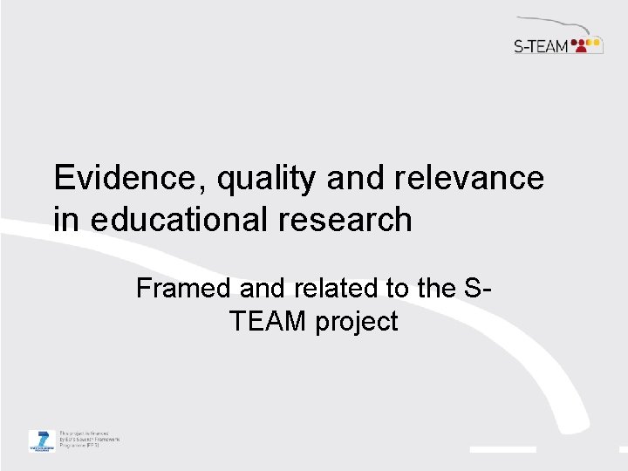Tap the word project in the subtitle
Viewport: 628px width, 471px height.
[x=358, y=322]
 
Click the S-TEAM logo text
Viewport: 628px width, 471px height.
[x=541, y=45]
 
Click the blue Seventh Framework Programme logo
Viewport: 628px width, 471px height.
[x=40, y=440]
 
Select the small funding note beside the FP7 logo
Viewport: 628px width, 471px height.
[x=88, y=440]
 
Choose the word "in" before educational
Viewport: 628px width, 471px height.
[x=64, y=220]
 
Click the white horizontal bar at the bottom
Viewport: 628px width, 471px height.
[x=503, y=449]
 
